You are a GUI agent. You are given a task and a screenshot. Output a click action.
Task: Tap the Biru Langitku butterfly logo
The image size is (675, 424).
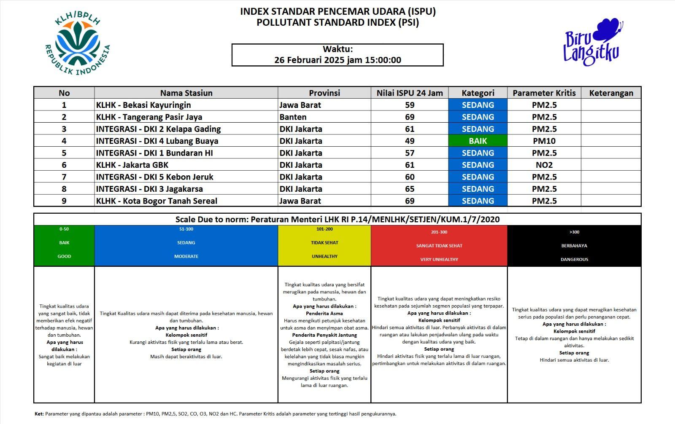pos(593,42)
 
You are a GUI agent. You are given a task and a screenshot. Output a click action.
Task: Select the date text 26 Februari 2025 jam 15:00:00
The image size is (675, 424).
pos(337,60)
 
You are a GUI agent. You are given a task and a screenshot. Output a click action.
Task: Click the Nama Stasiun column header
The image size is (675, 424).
pos(186,93)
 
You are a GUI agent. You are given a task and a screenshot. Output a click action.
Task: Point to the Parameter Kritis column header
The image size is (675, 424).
pos(544,93)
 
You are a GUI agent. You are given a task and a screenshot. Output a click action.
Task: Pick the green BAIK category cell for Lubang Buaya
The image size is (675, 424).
pos(478,141)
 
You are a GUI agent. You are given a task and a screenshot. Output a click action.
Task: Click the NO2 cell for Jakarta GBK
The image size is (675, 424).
pos(544,165)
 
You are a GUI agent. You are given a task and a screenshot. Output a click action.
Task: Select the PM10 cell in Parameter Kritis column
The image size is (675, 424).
pos(544,141)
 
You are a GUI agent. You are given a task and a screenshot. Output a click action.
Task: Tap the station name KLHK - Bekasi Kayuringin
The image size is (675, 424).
pos(143,105)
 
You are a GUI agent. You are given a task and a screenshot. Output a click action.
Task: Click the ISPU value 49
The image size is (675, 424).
pos(409,141)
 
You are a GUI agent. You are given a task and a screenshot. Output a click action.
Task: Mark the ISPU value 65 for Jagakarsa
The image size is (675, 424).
pos(409,189)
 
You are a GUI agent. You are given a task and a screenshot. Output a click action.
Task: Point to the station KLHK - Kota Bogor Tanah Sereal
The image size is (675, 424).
pos(157,201)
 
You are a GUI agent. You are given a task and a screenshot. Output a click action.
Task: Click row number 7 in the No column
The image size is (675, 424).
pos(64,177)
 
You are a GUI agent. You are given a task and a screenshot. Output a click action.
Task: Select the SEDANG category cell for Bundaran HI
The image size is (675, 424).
pos(478,153)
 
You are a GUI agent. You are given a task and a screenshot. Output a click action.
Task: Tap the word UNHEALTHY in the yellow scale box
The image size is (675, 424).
pos(324,256)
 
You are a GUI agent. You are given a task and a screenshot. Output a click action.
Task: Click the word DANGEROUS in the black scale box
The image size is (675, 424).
pos(574,259)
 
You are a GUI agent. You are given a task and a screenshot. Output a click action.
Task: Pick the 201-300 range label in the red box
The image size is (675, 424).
pos(439,232)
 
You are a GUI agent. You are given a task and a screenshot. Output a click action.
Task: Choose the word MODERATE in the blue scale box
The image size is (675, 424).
pos(186,256)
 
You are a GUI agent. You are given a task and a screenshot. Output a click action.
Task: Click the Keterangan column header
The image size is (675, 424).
pos(611,93)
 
